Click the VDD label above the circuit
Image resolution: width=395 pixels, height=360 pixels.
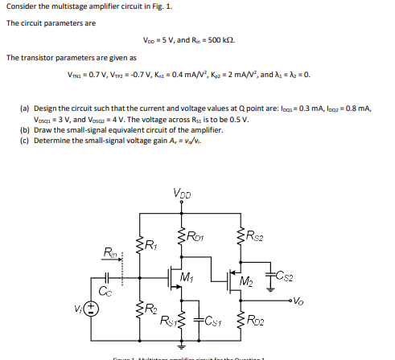pyautogui.click(x=182, y=193)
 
